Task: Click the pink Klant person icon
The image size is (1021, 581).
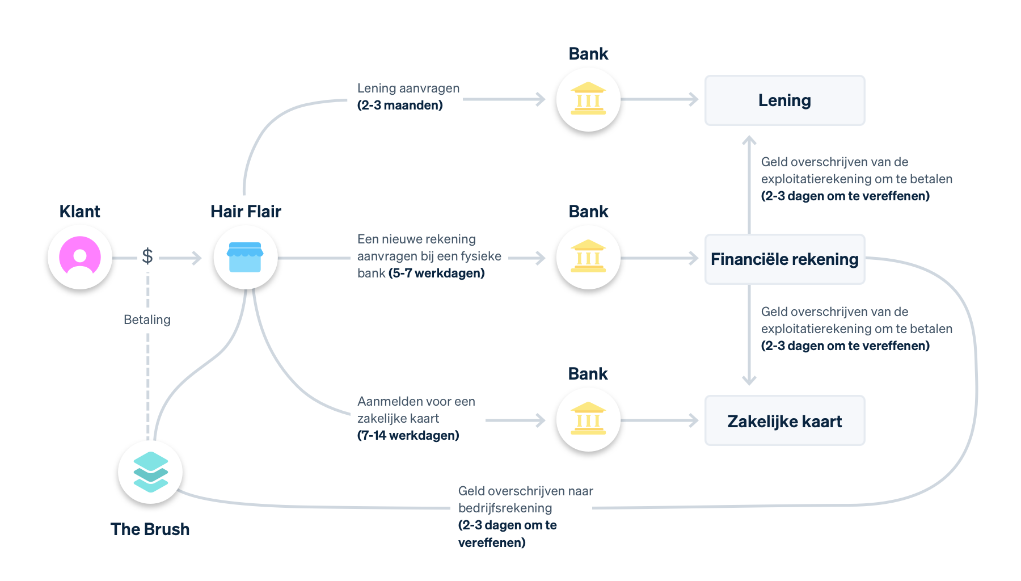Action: pyautogui.click(x=80, y=257)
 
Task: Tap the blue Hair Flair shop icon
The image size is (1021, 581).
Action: pyautogui.click(x=245, y=257)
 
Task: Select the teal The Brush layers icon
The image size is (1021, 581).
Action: pyautogui.click(x=150, y=471)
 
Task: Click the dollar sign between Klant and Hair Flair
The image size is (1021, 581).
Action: pyautogui.click(x=147, y=256)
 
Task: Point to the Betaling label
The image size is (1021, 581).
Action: pyautogui.click(x=147, y=319)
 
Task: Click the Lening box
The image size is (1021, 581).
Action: pyautogui.click(x=784, y=100)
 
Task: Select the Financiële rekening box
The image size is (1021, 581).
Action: pyautogui.click(x=784, y=259)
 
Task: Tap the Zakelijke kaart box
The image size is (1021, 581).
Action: pyautogui.click(x=784, y=421)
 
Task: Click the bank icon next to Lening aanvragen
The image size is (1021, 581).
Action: pyautogui.click(x=588, y=99)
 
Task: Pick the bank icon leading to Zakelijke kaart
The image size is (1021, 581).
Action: pyautogui.click(x=588, y=420)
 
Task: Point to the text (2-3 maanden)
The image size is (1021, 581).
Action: pyautogui.click(x=400, y=106)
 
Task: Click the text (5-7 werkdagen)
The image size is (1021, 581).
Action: pyautogui.click(x=436, y=273)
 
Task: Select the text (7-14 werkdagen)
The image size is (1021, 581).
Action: pyautogui.click(x=408, y=436)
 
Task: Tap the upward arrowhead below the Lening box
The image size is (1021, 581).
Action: pyautogui.click(x=749, y=140)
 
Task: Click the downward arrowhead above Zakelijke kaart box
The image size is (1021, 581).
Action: pyautogui.click(x=749, y=381)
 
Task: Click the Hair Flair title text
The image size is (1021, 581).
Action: pyautogui.click(x=246, y=212)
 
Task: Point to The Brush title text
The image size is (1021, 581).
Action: pyautogui.click(x=150, y=529)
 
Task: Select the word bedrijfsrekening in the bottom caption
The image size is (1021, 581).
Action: pyautogui.click(x=505, y=508)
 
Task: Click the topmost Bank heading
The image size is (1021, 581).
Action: pyautogui.click(x=588, y=54)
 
